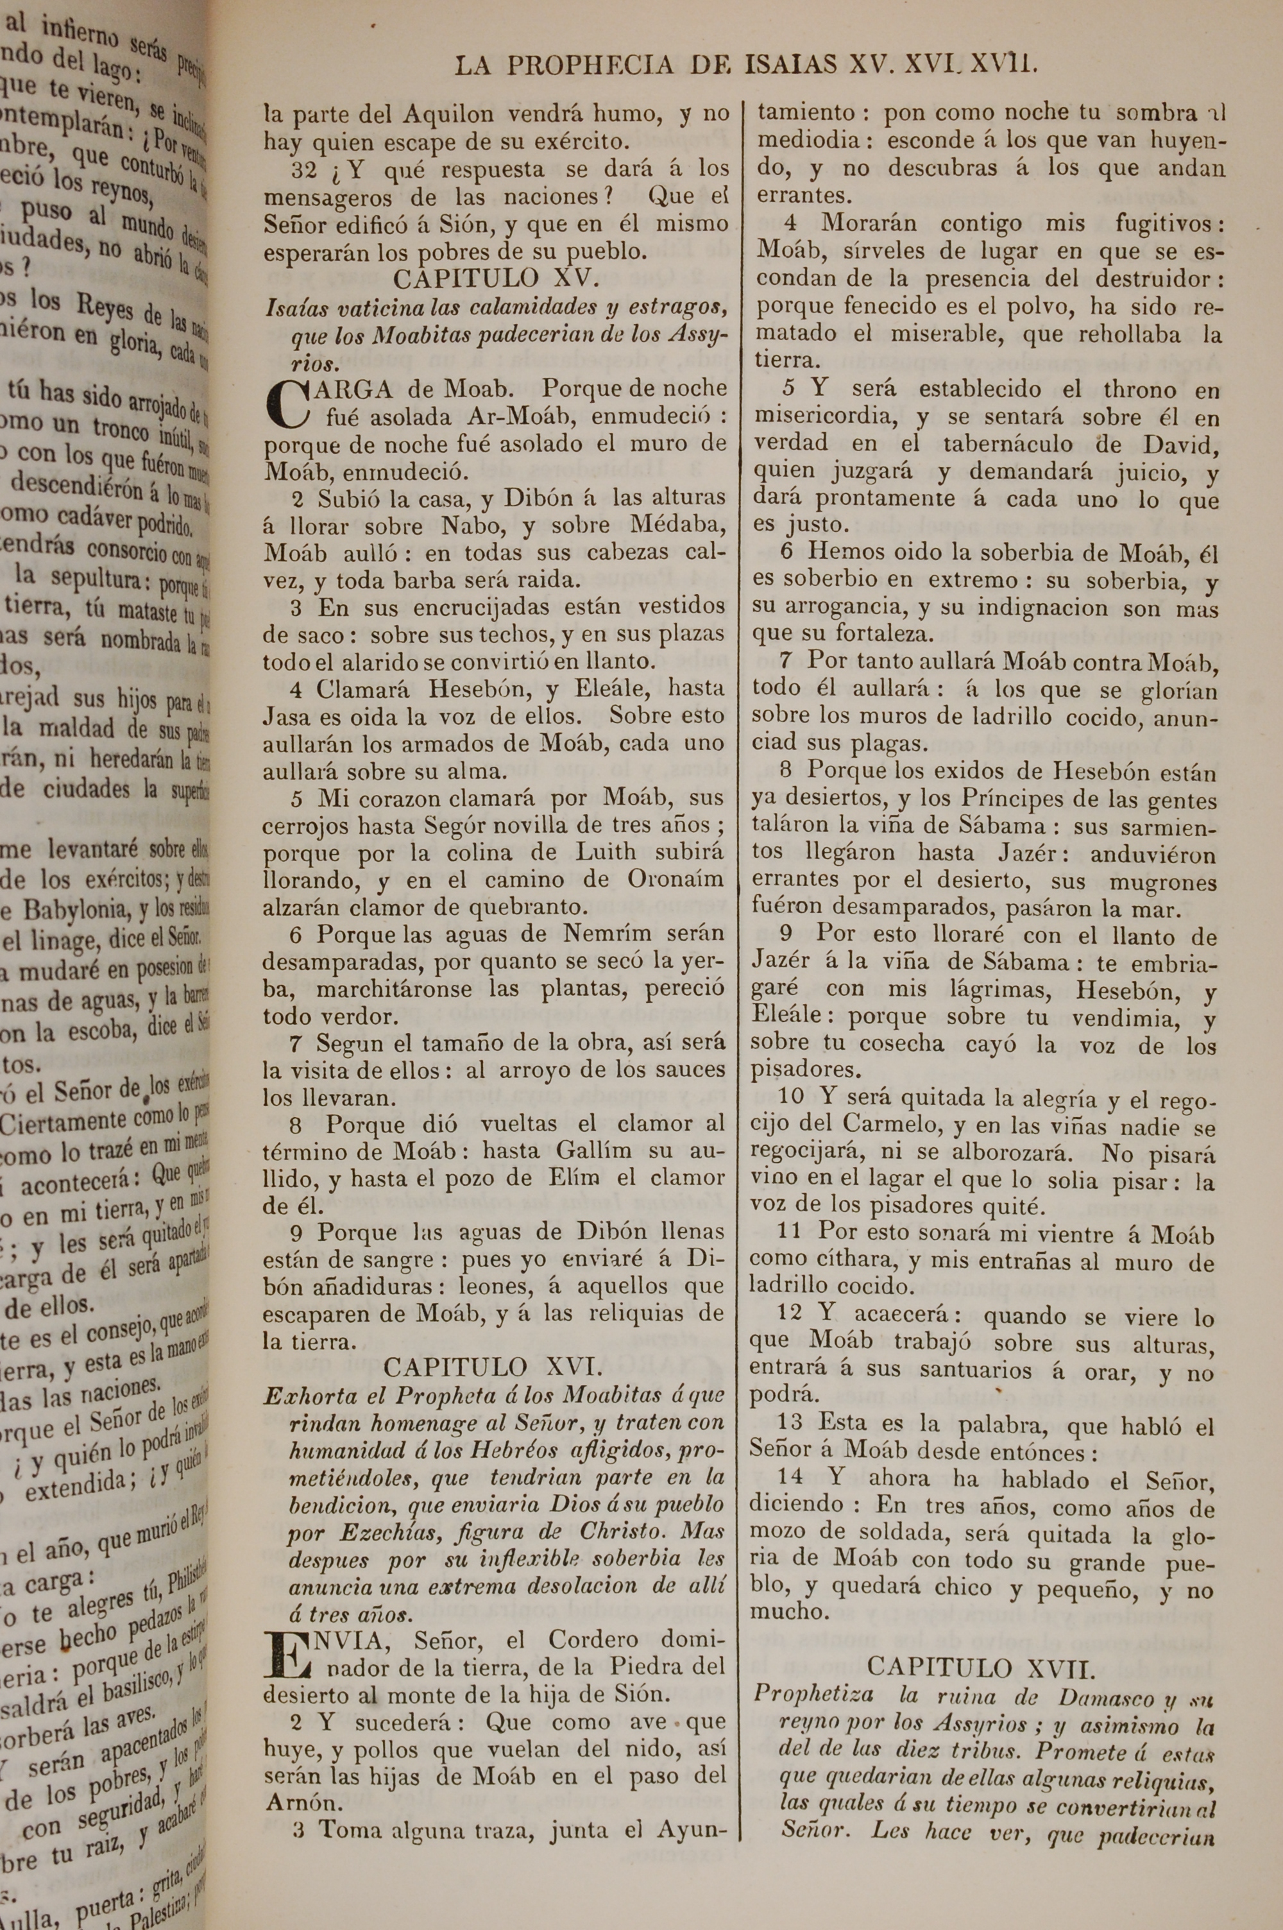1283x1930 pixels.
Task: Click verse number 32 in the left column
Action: coord(305,170)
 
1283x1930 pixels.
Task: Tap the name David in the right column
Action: coord(1173,446)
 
